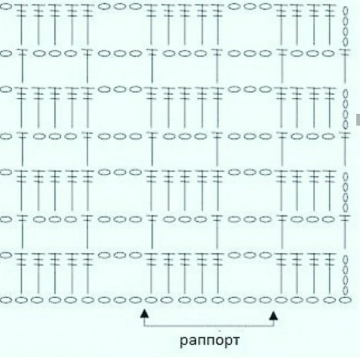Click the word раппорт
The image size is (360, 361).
pyautogui.click(x=209, y=341)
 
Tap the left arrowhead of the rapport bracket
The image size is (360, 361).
pyautogui.click(x=144, y=314)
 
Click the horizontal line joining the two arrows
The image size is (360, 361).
pyautogui.click(x=208, y=326)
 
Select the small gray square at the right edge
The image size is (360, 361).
pyautogui.click(x=358, y=119)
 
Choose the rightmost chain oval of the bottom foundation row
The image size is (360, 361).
pyautogui.click(x=344, y=300)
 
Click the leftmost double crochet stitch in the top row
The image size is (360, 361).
pyautogui.click(x=21, y=24)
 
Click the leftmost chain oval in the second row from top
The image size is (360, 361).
pyautogui.click(x=6, y=53)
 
